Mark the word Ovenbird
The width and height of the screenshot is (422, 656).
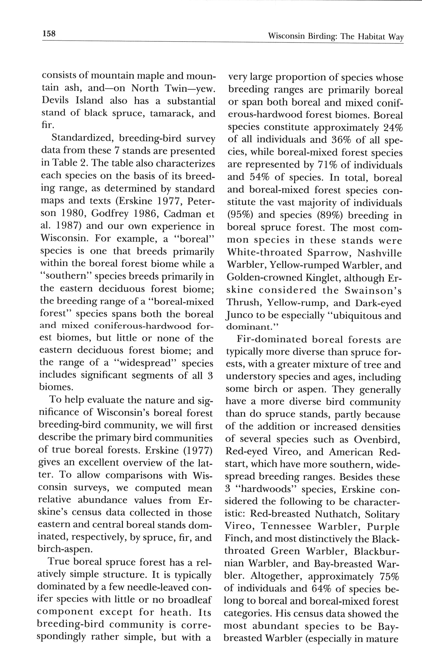coord(377,439)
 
